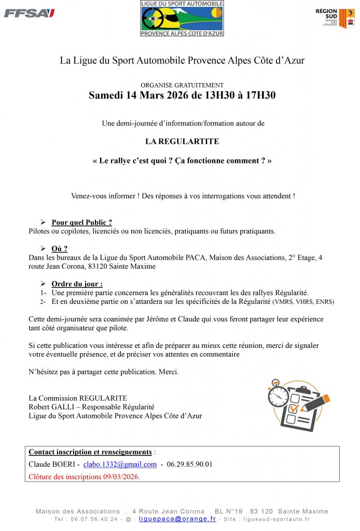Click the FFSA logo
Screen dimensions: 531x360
click(x=29, y=13)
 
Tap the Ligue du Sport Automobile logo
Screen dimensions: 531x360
click(x=182, y=18)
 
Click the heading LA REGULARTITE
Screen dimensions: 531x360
click(x=182, y=141)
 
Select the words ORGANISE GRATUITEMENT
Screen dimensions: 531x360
click(x=182, y=85)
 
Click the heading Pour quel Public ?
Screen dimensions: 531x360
click(x=81, y=222)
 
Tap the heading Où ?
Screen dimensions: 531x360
click(x=59, y=249)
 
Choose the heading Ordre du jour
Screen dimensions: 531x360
click(x=76, y=284)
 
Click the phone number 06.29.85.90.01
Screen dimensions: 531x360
click(x=189, y=464)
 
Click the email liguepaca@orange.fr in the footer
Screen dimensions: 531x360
click(x=177, y=519)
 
